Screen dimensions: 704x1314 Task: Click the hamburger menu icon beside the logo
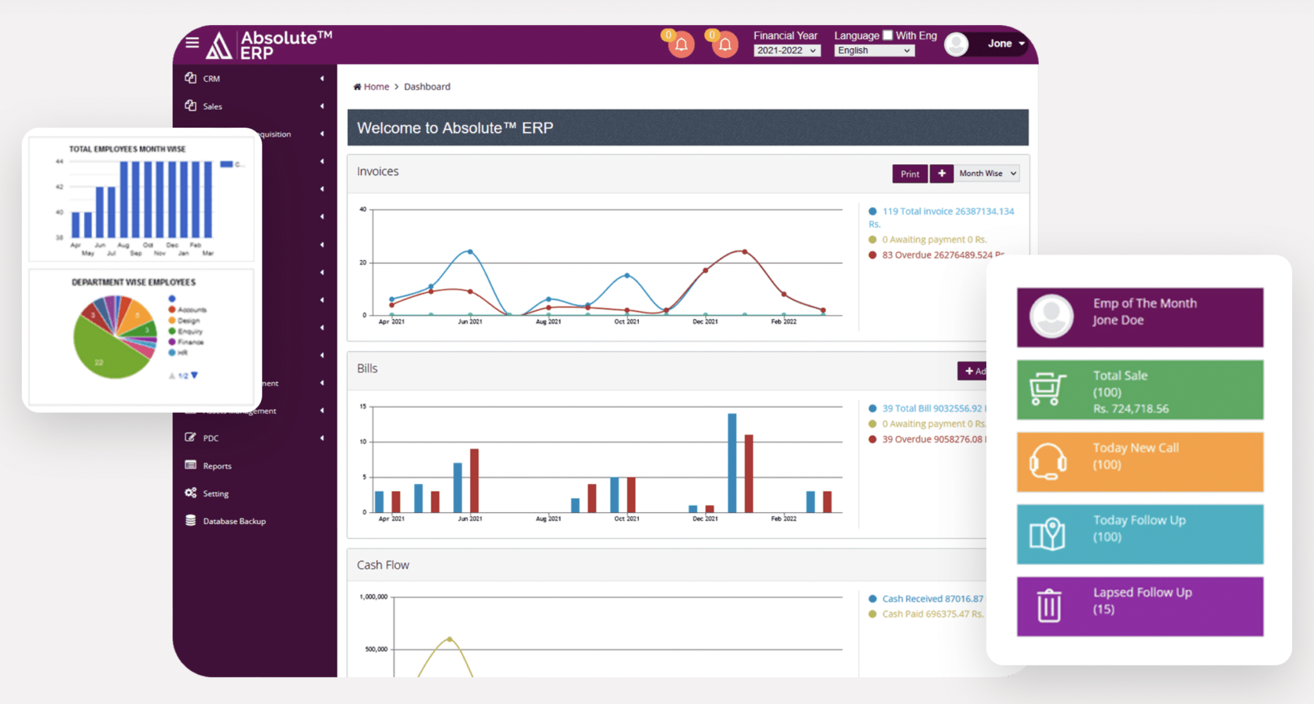192,43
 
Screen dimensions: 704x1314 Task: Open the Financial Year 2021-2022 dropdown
786,51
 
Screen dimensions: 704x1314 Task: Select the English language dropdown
873,51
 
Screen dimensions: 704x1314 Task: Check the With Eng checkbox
887,35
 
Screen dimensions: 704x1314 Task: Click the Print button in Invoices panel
909,174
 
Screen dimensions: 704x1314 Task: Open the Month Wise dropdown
987,174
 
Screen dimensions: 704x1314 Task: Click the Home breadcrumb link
376,87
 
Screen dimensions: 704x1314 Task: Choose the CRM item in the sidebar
212,79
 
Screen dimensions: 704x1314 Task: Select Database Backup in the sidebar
234,521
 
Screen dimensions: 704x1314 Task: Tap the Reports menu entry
217,466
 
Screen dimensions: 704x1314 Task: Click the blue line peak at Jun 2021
470,251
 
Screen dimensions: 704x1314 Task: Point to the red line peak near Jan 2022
744,251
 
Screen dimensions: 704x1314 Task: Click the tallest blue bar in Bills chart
732,462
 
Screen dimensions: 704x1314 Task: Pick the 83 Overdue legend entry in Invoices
937,255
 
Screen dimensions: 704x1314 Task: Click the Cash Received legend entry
932,599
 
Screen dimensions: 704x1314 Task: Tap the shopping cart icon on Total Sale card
1047,389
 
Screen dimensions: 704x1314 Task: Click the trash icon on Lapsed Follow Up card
1049,605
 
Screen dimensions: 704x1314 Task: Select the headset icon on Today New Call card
1047,461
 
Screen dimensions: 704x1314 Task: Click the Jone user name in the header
999,44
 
